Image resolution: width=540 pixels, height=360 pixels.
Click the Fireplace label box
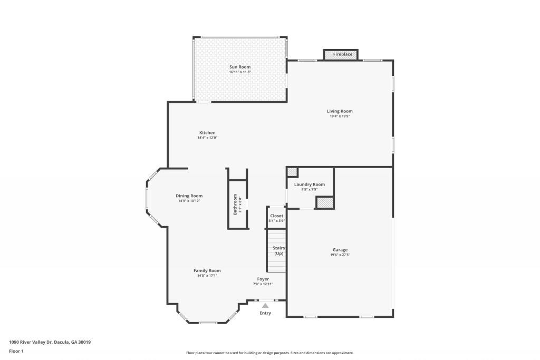(341, 54)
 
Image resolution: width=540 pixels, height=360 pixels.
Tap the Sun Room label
(239, 67)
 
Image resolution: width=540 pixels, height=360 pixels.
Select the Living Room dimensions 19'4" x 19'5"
(340, 116)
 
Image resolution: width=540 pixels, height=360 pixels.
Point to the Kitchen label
(207, 132)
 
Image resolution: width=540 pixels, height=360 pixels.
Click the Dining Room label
(189, 196)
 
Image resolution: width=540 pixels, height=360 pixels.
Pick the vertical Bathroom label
(235, 205)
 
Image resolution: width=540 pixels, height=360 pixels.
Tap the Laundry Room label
(310, 184)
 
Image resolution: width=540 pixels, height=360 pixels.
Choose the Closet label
(276, 216)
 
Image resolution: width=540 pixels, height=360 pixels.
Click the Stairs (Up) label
(278, 250)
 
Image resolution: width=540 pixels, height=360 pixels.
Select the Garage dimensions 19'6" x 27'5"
(340, 255)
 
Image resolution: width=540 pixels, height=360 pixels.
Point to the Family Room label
(207, 270)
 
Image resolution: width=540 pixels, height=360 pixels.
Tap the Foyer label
(263, 279)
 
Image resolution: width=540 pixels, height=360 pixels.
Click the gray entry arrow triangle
(265, 305)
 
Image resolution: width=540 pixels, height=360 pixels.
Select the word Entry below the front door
(265, 313)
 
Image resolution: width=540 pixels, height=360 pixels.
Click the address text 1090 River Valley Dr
(50, 342)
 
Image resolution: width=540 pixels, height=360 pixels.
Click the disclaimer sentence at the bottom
(269, 353)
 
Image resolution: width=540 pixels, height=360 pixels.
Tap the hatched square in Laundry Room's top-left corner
(292, 172)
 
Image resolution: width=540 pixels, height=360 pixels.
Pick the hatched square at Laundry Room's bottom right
(325, 202)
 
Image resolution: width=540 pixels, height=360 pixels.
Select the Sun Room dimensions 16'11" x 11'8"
(239, 72)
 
